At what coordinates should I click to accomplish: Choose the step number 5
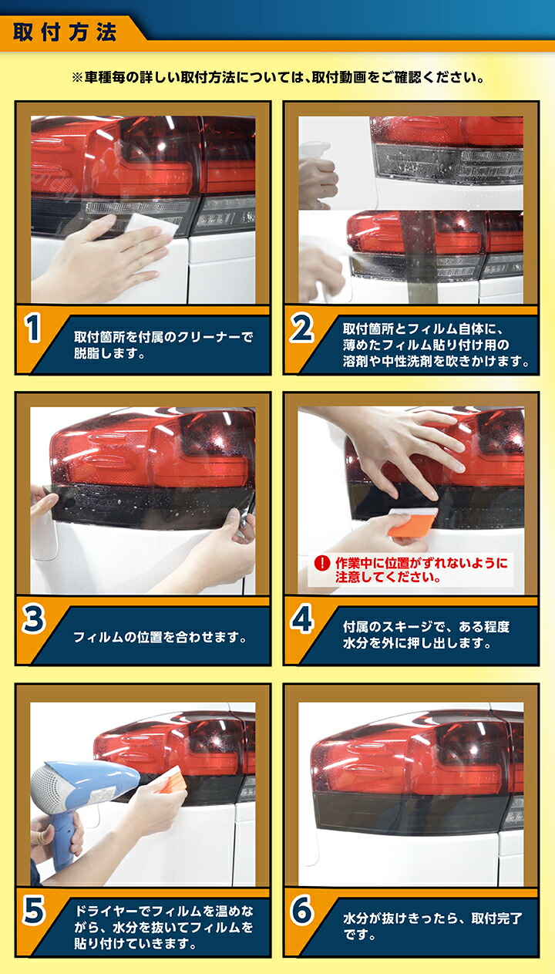click(33, 911)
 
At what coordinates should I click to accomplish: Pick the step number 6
click(301, 911)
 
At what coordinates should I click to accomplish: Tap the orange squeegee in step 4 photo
click(412, 523)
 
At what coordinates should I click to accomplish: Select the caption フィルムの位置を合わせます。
click(160, 638)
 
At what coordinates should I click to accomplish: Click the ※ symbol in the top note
click(76, 78)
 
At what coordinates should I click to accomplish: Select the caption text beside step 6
click(432, 926)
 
